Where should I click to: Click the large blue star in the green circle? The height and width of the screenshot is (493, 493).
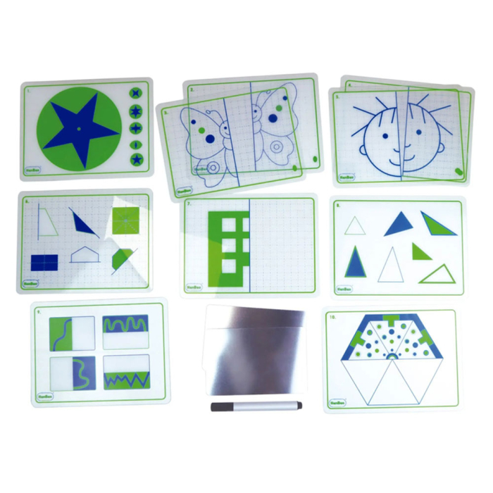80,128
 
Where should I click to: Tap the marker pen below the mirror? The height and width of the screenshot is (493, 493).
256,406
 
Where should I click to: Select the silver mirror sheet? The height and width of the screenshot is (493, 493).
254,351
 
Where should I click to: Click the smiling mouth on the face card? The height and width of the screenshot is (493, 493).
397,150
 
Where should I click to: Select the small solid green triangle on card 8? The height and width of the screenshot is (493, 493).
420,251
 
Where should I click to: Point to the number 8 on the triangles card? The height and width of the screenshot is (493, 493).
338,206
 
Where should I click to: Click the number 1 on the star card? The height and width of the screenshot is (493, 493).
28,90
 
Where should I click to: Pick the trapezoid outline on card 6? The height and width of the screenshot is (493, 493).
46,221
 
